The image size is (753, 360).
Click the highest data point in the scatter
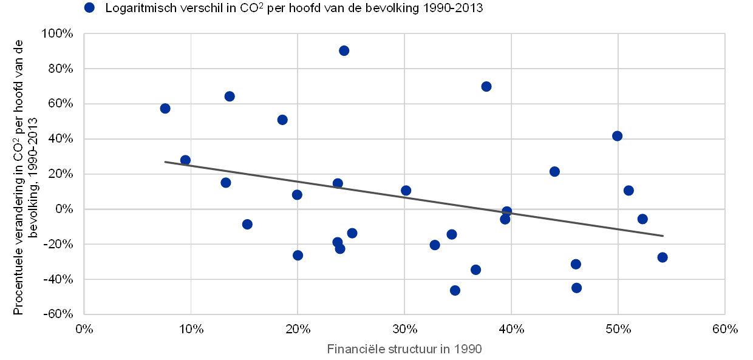(344, 50)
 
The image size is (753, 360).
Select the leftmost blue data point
(165, 108)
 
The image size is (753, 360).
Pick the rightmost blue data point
(662, 257)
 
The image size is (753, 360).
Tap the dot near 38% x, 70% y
(486, 86)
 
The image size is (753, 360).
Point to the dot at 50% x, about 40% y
(617, 136)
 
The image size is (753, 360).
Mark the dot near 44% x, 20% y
(554, 172)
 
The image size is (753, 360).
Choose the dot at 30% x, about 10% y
(406, 191)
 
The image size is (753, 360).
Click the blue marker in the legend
(90, 8)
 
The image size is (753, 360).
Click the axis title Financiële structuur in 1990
(404, 349)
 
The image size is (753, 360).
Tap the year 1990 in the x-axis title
(468, 349)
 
